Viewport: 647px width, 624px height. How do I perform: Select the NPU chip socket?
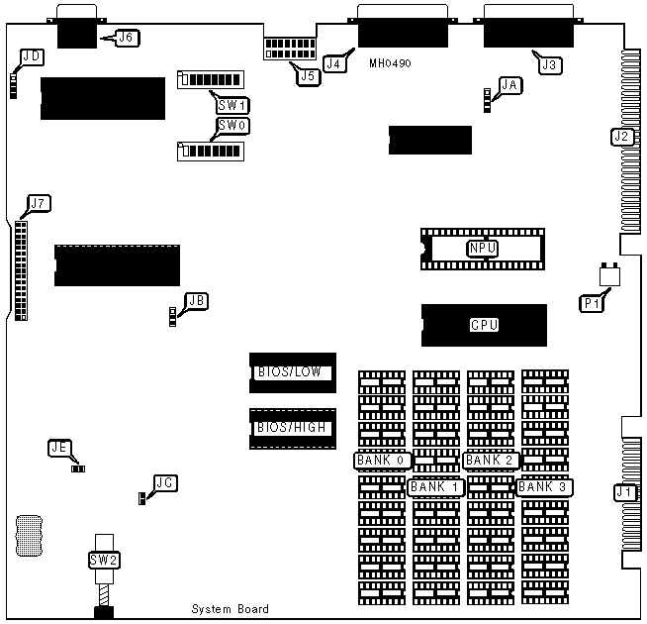point(482,249)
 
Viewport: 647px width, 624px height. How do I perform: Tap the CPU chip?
point(484,325)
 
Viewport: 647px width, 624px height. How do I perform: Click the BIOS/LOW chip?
point(292,372)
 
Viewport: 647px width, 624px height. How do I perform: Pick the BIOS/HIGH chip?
point(292,428)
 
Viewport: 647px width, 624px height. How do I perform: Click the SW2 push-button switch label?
point(104,560)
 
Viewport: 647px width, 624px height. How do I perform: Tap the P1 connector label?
point(592,303)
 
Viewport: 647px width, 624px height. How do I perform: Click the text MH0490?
point(389,62)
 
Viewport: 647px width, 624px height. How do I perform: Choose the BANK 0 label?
point(382,461)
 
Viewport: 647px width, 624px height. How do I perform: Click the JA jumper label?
point(510,85)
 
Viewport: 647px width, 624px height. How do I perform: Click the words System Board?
point(230,609)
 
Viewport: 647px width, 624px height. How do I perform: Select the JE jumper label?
point(59,448)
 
